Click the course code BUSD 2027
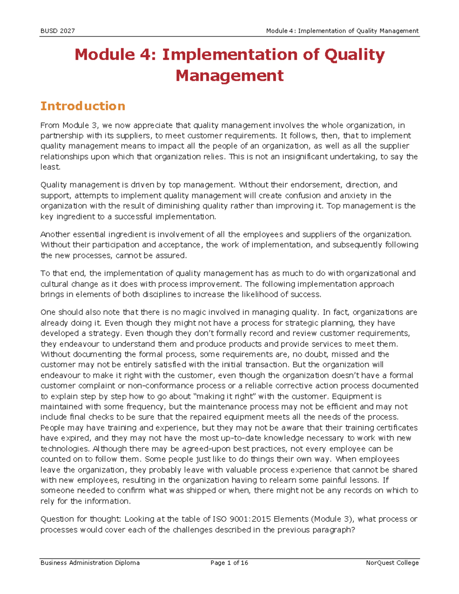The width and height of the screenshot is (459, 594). tap(57, 31)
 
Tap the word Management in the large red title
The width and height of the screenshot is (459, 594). tap(229, 75)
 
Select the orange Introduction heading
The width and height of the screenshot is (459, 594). tap(83, 106)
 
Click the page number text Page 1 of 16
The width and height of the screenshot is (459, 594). tap(229, 563)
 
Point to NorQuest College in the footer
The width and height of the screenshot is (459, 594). tap(392, 563)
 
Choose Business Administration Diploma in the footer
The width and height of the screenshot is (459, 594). tap(90, 563)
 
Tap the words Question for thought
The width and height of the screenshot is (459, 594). tap(81, 519)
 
